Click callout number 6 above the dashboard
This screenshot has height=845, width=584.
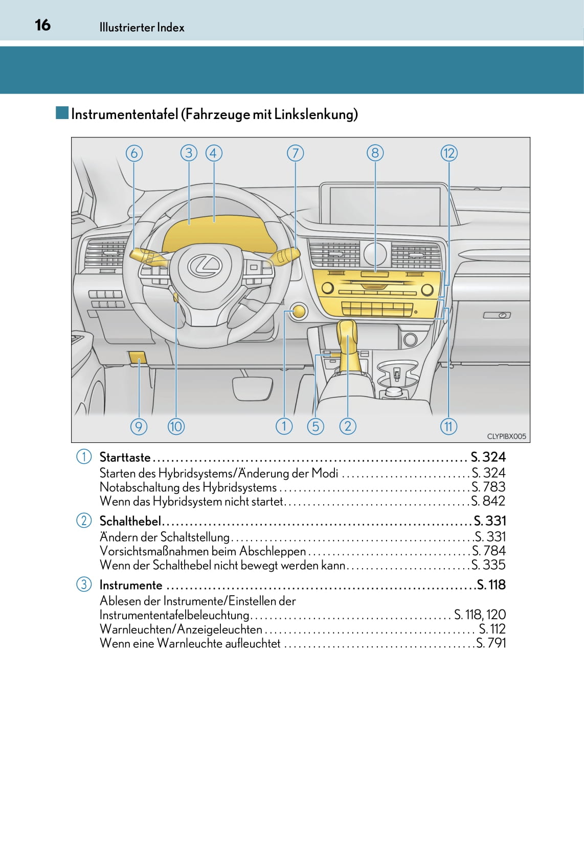134,153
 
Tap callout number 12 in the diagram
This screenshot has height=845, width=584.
448,153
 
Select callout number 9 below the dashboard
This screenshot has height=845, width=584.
139,426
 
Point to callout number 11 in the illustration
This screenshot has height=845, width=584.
448,426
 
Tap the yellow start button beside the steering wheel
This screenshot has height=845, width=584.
298,311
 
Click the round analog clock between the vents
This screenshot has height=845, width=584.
375,254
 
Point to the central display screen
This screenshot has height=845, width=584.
385,205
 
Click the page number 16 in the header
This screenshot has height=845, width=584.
43,25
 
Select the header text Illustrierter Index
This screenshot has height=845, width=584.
142,28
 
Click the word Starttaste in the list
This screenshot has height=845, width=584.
125,457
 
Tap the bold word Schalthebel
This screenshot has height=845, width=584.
130,521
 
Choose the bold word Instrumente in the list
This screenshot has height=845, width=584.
130,585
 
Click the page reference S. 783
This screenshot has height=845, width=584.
488,487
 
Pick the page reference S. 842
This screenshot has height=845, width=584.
488,501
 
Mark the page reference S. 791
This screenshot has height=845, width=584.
491,643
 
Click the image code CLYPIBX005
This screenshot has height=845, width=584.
506,436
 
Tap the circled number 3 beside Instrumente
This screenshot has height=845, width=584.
84,584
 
